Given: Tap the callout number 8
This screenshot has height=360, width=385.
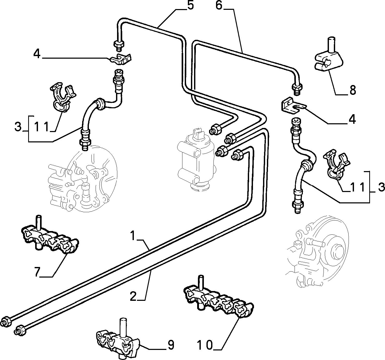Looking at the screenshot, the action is pyautogui.click(x=353, y=90).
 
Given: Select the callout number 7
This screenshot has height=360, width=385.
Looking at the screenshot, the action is pyautogui.click(x=38, y=272).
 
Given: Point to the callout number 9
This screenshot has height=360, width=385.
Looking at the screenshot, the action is pyautogui.click(x=171, y=345).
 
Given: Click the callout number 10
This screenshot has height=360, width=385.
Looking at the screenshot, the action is pyautogui.click(x=205, y=345).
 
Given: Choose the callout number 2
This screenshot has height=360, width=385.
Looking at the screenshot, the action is pyautogui.click(x=133, y=296).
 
